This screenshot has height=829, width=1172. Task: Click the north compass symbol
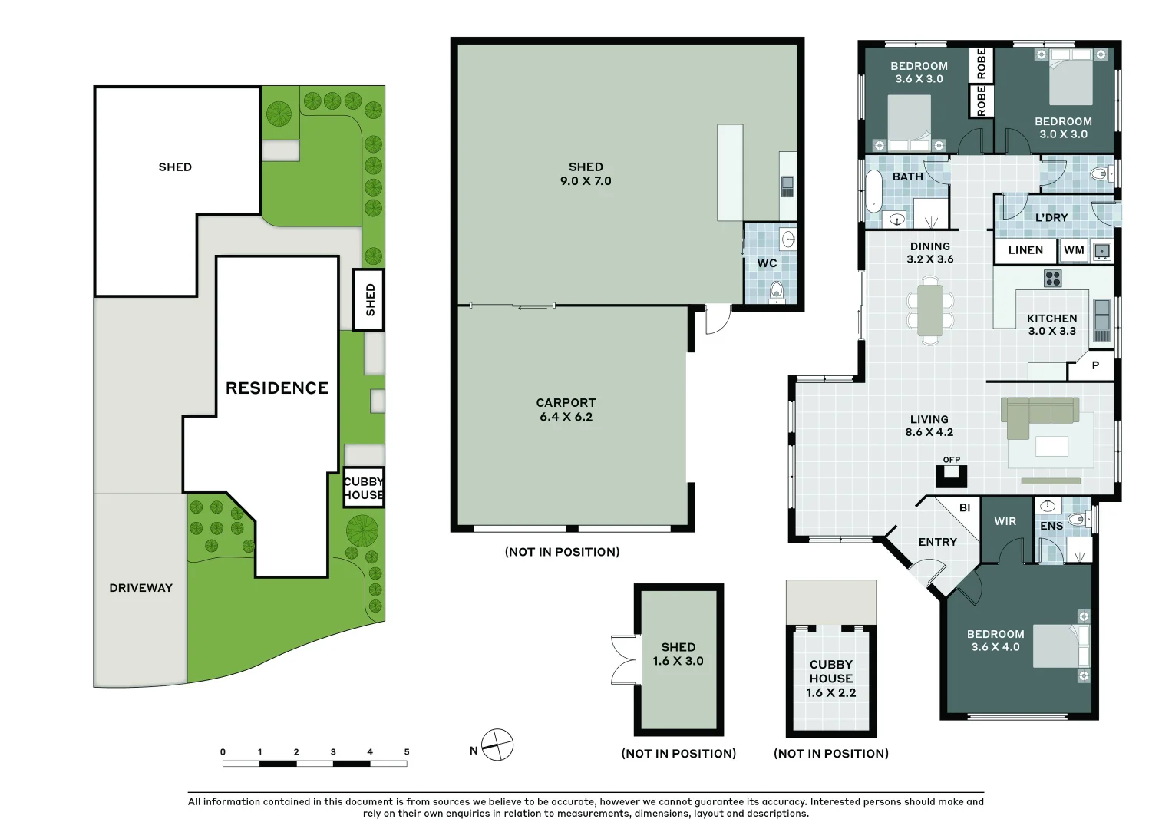tap(497, 745)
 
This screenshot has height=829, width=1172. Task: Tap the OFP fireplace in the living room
tap(952, 476)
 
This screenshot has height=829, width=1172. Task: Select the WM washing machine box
tap(1074, 250)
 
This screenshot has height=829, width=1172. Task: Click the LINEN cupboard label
tap(1025, 250)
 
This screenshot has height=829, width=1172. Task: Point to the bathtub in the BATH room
tap(874, 191)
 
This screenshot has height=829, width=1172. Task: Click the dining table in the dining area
tap(930, 310)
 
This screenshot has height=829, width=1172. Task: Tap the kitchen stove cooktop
tap(1052, 278)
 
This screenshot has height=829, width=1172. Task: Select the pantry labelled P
tap(1095, 366)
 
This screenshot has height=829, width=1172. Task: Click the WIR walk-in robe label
tap(1005, 522)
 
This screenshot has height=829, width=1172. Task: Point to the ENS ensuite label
tap(1051, 526)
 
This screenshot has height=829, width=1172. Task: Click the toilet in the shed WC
tap(776, 290)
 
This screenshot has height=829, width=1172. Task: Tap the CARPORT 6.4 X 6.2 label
tap(566, 410)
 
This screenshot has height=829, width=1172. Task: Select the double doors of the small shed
tap(622, 659)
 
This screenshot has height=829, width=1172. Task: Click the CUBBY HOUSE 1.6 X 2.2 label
tap(830, 679)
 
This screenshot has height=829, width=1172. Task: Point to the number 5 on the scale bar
tap(407, 752)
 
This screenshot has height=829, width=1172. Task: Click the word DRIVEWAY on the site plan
tap(140, 588)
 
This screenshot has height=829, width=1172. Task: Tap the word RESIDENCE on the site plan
tap(277, 388)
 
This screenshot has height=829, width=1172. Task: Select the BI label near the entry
tap(965, 507)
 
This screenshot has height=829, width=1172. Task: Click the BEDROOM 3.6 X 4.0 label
tap(995, 641)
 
